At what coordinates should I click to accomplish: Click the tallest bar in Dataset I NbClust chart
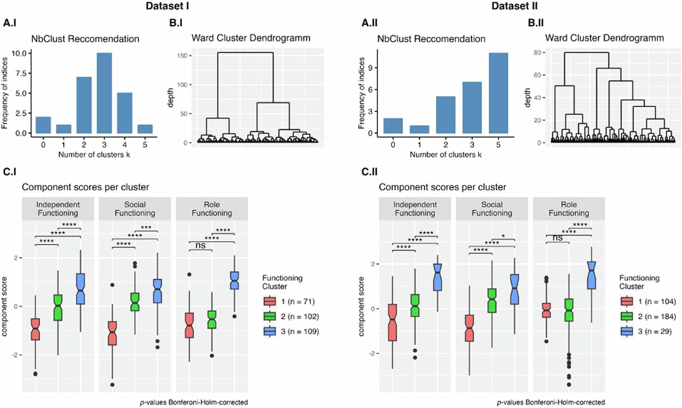[104, 93]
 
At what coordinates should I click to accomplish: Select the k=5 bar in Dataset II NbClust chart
[498, 93]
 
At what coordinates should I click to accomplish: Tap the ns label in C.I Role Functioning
[201, 245]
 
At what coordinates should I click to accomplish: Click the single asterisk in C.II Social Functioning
[503, 236]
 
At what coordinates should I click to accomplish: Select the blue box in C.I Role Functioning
[234, 281]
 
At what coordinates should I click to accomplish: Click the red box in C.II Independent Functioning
[392, 322]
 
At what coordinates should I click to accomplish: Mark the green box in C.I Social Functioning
[135, 302]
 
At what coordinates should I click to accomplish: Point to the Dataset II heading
[514, 6]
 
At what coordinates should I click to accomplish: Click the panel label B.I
[176, 23]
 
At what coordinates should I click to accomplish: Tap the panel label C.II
[369, 172]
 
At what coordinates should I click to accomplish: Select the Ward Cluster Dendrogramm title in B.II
[604, 38]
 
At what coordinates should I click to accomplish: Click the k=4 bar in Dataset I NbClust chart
[124, 113]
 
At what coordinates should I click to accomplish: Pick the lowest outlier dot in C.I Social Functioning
[112, 385]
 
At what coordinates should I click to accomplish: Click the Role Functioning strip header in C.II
[568, 209]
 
